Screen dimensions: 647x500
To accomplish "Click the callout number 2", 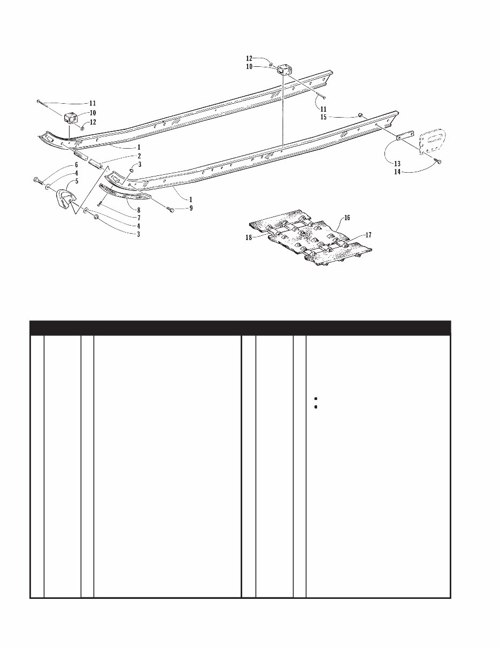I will click(x=139, y=156).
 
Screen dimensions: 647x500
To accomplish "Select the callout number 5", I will click(x=76, y=181).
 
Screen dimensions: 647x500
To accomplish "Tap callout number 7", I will click(x=139, y=218).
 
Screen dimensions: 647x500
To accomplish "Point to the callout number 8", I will click(x=139, y=211).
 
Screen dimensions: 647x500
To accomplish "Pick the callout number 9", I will click(x=191, y=207).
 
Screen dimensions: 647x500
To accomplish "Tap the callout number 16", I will click(x=347, y=218).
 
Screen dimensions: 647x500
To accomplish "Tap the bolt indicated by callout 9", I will click(x=171, y=211).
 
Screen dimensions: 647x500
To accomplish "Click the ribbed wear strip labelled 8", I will click(x=126, y=192).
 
